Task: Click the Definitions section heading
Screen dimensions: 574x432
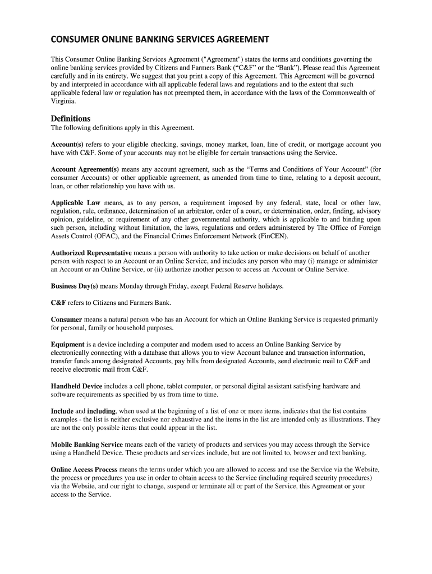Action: (71, 118)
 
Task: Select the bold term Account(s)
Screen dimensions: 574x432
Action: (67, 145)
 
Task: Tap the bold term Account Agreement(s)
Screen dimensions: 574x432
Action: (85, 169)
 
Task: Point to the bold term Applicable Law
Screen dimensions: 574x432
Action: (75, 202)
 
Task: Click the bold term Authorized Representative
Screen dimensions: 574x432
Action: (91, 253)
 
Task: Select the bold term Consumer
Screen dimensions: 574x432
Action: (67, 319)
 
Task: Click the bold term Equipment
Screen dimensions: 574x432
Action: (67, 344)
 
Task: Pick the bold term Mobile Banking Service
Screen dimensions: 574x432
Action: (87, 445)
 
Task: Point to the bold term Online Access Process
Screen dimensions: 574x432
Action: (84, 469)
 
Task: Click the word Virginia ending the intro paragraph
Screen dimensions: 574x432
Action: (62, 101)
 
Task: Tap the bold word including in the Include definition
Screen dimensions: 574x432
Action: (101, 411)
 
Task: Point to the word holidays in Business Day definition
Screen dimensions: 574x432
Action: (269, 286)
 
